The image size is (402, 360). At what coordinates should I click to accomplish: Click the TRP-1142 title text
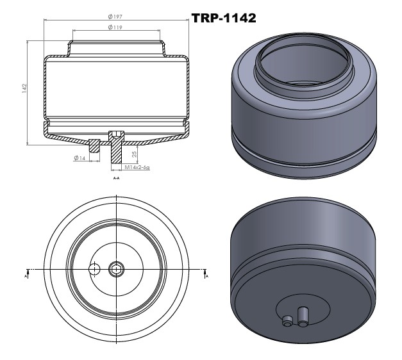pos(224,18)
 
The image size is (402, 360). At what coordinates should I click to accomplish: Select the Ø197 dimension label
pos(115,17)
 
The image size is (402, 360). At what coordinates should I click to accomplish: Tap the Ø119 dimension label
pos(115,27)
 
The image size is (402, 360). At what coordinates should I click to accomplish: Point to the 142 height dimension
pos(24,88)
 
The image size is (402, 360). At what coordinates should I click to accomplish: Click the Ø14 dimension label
pos(80,158)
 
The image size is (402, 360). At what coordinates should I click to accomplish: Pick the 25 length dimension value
pos(134,154)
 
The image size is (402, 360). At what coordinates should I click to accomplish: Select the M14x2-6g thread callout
pos(137,168)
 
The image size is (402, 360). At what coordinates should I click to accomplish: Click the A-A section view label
pos(117,178)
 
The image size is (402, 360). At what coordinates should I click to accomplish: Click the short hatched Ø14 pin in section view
pos(94,146)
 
